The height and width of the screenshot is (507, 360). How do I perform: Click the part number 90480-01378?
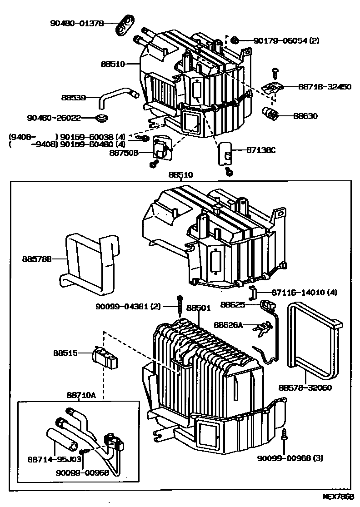pyautogui.click(x=77, y=22)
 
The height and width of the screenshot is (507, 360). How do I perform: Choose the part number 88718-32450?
pyautogui.click(x=325, y=86)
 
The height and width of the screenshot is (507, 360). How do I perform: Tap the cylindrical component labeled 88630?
pyautogui.click(x=272, y=114)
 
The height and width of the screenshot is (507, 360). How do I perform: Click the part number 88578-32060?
pyautogui.click(x=305, y=388)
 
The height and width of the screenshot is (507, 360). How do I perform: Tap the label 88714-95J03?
pyautogui.click(x=60, y=459)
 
